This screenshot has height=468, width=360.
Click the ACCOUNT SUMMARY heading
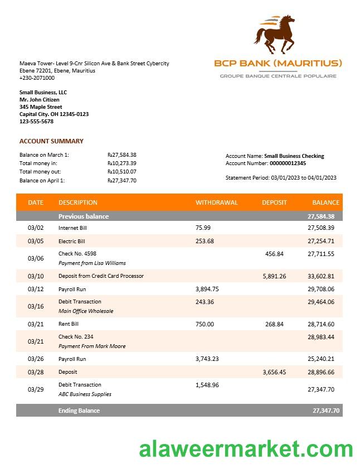tap(51, 141)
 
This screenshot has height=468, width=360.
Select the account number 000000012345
tap(288, 163)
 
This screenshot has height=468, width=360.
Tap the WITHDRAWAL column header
tap(216, 202)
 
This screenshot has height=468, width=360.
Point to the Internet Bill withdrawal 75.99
tap(203, 228)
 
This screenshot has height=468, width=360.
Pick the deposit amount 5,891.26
tap(274, 276)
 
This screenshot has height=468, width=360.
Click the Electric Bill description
tap(71, 242)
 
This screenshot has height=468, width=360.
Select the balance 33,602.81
tap(321, 276)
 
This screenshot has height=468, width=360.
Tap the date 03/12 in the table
tap(35, 289)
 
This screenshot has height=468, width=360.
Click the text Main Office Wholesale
tap(86, 311)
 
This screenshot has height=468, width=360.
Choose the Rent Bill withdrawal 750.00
tap(205, 324)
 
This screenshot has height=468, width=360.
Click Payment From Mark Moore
tap(92, 346)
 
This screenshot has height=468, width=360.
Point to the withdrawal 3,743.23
tap(207, 359)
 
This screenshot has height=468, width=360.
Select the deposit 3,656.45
tap(274, 372)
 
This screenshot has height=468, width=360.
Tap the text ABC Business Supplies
tap(85, 394)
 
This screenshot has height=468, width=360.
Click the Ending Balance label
tap(79, 411)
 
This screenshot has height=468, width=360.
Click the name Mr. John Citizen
tap(40, 100)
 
